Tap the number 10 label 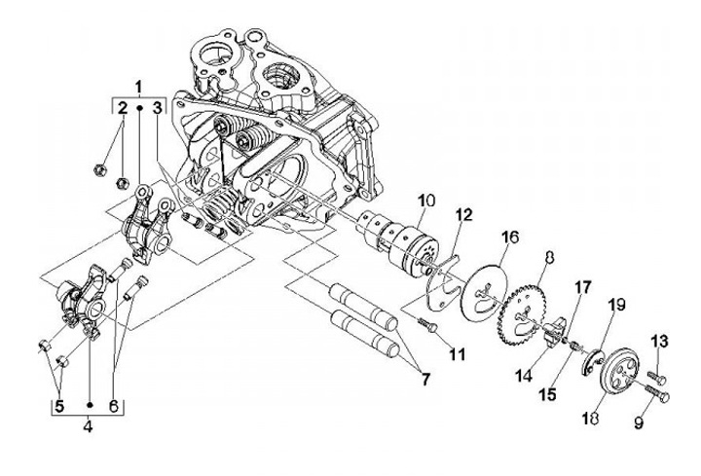click(425, 201)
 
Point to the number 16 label click(510, 237)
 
